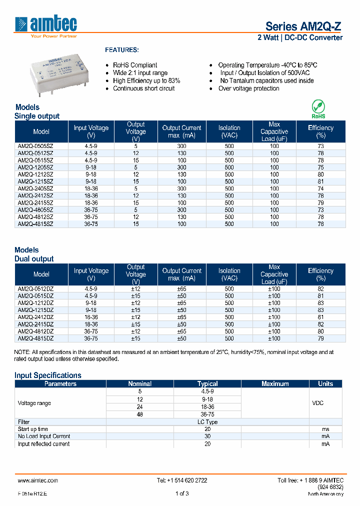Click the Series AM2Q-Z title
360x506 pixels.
click(x=303, y=26)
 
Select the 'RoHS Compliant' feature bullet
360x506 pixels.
click(x=134, y=65)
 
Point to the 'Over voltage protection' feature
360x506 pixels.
click(x=248, y=88)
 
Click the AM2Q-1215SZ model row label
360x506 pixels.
click(x=35, y=181)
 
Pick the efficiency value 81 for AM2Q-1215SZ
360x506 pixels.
click(x=320, y=181)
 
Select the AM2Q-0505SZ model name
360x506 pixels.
click(x=35, y=146)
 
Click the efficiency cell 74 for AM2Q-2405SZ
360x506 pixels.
click(x=320, y=188)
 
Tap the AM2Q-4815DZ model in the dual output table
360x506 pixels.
click(x=35, y=338)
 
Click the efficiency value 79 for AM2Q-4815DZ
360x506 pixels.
click(x=320, y=338)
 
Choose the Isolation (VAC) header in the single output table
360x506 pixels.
click(x=229, y=131)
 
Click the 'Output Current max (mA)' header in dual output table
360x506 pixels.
click(x=181, y=274)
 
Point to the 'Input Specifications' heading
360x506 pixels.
click(x=48, y=375)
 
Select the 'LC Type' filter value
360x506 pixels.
click(x=207, y=422)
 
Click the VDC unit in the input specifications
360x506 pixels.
click(x=317, y=403)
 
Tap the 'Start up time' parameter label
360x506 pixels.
click(x=33, y=429)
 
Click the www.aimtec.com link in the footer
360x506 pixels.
click(x=38, y=480)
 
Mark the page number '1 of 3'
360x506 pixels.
click(x=182, y=494)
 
